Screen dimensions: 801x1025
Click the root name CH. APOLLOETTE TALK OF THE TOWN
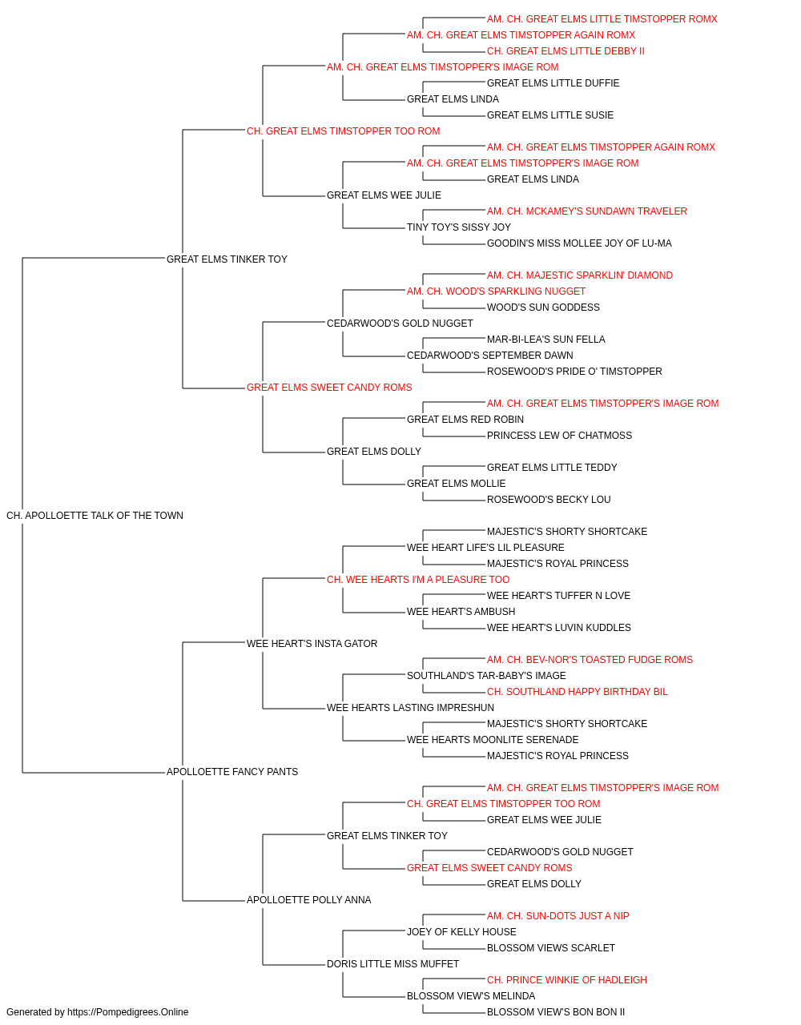tap(95, 516)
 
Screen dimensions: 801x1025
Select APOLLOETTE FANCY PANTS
tap(232, 772)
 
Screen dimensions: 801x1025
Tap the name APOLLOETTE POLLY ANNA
tap(308, 900)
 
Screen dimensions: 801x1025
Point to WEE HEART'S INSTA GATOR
tap(312, 644)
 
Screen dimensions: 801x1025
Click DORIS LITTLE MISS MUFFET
tap(392, 964)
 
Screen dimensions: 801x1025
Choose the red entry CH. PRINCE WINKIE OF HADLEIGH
tap(566, 980)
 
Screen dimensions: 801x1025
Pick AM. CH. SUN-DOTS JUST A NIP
tap(558, 916)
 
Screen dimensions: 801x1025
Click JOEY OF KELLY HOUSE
tap(461, 932)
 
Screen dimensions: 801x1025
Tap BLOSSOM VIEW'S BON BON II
tap(556, 1012)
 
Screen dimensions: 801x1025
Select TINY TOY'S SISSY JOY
tap(458, 227)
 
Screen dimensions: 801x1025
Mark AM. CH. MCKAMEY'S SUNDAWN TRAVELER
tap(587, 211)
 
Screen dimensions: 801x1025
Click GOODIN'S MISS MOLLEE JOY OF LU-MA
tap(579, 243)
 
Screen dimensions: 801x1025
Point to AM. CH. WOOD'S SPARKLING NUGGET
tap(497, 291)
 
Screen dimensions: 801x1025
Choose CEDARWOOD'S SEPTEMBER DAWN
tap(490, 356)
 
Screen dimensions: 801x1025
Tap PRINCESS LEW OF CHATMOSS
tap(559, 436)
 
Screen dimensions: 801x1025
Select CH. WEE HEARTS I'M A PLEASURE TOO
tap(418, 580)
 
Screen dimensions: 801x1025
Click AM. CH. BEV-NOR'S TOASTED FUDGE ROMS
tap(590, 660)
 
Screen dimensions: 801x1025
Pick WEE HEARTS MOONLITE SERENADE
tap(493, 740)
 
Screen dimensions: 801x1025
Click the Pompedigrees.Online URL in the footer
tap(128, 1012)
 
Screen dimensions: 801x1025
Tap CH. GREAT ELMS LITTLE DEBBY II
tap(566, 51)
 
